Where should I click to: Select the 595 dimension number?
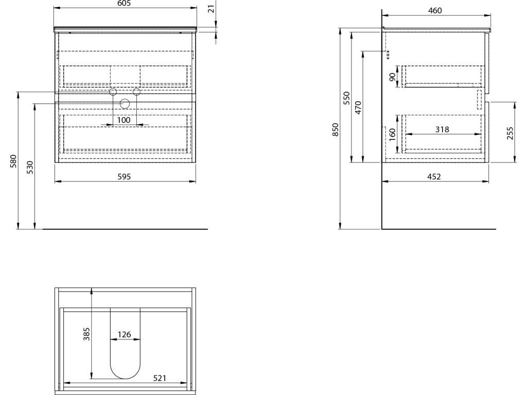pyautogui.click(x=125, y=176)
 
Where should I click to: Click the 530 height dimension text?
pyautogui.click(x=30, y=167)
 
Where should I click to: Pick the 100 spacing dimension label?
pyautogui.click(x=124, y=120)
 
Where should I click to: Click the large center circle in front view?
pyautogui.click(x=125, y=104)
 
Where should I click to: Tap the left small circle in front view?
pyautogui.click(x=113, y=92)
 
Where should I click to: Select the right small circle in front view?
pyautogui.click(x=137, y=92)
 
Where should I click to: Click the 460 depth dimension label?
pyautogui.click(x=435, y=10)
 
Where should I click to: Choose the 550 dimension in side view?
pyautogui.click(x=347, y=98)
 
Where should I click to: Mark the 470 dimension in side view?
pyautogui.click(x=359, y=107)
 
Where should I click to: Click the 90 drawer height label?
pyautogui.click(x=393, y=77)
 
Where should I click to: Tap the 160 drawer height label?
pyautogui.click(x=393, y=134)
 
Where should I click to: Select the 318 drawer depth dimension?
pyautogui.click(x=442, y=130)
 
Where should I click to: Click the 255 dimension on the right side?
pyautogui.click(x=511, y=133)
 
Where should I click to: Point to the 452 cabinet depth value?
pyautogui.click(x=434, y=176)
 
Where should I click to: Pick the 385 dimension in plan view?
pyautogui.click(x=87, y=335)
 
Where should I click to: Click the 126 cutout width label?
pyautogui.click(x=125, y=335)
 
